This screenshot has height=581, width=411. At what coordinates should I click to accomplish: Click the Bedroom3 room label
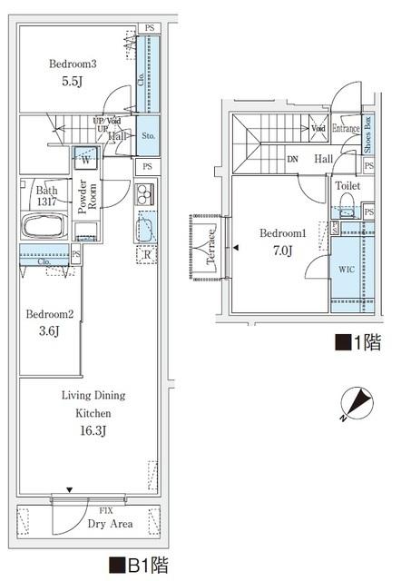pyautogui.click(x=73, y=64)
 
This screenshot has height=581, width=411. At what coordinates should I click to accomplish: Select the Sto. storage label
pyautogui.click(x=148, y=135)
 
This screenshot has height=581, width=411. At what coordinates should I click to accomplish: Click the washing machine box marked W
pyautogui.click(x=85, y=158)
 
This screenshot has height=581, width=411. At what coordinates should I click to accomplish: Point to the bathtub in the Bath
pyautogui.click(x=43, y=228)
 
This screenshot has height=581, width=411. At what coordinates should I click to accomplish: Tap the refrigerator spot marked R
pyautogui.click(x=146, y=255)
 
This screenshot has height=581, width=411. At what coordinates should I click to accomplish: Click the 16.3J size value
pyautogui.click(x=93, y=431)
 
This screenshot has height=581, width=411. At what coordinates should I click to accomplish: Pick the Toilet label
pyautogui.click(x=347, y=185)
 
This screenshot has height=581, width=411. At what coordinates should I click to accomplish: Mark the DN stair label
pyautogui.click(x=292, y=159)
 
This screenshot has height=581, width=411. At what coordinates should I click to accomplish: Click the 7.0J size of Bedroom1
pyautogui.click(x=281, y=251)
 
